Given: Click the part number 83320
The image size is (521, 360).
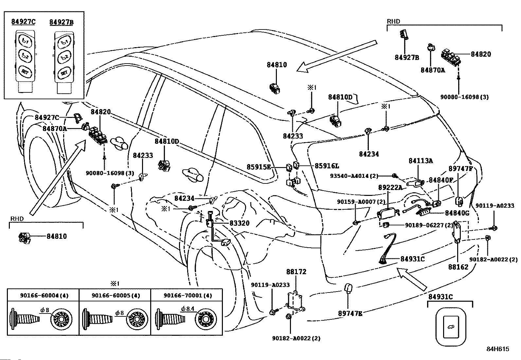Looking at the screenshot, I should click(239, 223).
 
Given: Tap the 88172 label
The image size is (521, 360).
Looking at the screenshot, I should click(296, 272).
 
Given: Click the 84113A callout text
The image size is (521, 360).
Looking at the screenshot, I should click(421, 161).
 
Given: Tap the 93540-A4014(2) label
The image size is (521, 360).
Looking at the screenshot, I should click(354, 176).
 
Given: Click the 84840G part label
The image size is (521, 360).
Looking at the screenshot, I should click(457, 213).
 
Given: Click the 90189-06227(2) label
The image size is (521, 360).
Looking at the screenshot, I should click(429, 225).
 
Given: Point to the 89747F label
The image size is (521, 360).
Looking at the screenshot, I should click(461, 169).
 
